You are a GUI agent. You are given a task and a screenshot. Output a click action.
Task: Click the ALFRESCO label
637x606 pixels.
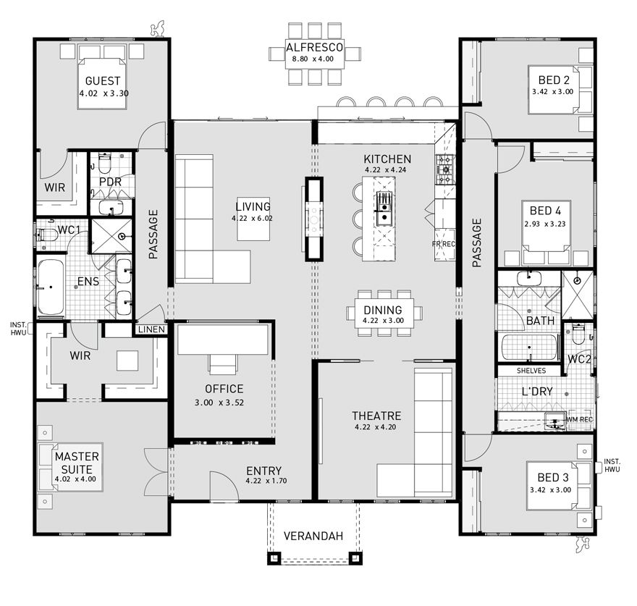click(314, 46)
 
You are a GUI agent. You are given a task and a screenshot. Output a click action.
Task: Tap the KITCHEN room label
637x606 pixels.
click(387, 159)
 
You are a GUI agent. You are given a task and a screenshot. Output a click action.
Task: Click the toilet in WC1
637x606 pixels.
click(47, 235)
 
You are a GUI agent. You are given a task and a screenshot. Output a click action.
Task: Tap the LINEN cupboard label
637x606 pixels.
click(150, 330)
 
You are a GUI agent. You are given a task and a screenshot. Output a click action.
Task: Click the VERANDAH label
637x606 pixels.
click(313, 536)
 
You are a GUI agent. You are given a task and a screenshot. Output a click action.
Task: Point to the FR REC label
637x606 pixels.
click(444, 244)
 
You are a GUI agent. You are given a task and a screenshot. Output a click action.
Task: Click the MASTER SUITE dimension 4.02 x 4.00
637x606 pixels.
click(77, 479)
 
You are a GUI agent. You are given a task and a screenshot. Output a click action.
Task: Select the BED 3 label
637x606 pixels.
click(552, 478)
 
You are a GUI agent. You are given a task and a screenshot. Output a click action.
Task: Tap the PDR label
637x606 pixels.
click(110, 181)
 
